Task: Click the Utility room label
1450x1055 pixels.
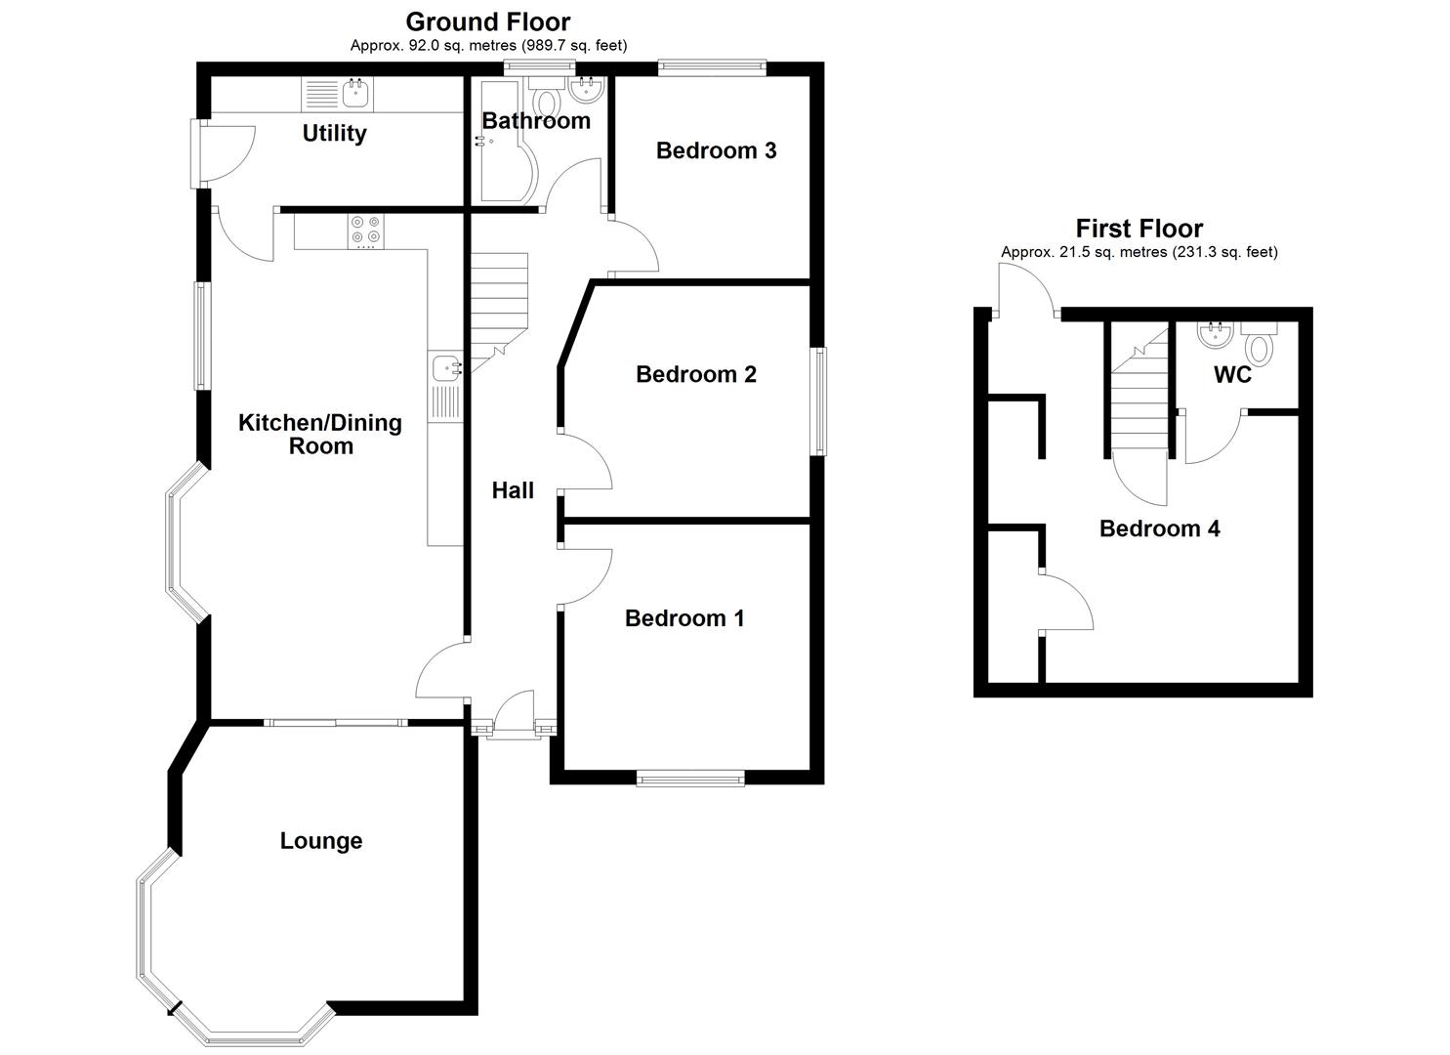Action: (334, 133)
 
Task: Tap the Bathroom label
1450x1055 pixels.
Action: (536, 120)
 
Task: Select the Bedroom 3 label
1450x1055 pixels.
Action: (716, 150)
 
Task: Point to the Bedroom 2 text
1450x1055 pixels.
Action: (695, 374)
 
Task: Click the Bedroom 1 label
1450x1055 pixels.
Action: (684, 618)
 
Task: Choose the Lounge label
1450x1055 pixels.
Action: (321, 841)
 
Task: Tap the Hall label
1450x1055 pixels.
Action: (513, 490)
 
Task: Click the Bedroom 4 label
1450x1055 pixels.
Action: (1159, 528)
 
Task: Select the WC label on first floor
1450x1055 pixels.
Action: (1232, 375)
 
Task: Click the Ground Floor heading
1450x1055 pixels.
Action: (488, 21)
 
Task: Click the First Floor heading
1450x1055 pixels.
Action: (1139, 229)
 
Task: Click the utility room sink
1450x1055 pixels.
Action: (353, 95)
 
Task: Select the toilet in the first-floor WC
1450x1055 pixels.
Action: (1261, 347)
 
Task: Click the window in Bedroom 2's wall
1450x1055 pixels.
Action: (821, 401)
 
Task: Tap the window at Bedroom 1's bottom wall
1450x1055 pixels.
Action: (689, 778)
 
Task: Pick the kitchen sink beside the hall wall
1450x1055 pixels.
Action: (446, 368)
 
